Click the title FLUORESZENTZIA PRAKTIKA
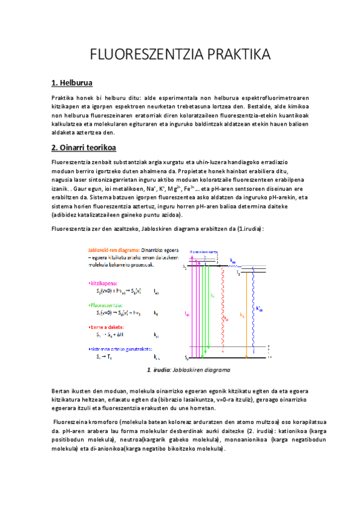[x=180, y=55]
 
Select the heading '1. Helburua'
[x=72, y=83]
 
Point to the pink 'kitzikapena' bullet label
[x=103, y=282]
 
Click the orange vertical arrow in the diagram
[x=248, y=313]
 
